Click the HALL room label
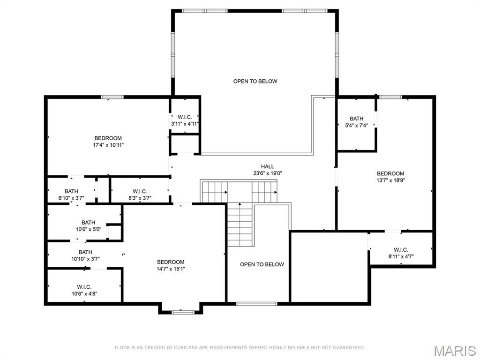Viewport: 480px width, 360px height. click(x=268, y=166)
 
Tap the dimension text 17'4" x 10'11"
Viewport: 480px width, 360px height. click(x=108, y=145)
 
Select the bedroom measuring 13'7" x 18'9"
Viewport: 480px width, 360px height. click(x=390, y=177)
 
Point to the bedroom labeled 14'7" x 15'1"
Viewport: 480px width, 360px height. click(x=171, y=265)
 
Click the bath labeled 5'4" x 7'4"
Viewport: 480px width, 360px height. click(x=356, y=122)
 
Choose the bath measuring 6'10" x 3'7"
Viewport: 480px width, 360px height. click(x=71, y=195)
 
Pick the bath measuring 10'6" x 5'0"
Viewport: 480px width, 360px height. click(x=88, y=226)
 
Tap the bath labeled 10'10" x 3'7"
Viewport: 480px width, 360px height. click(x=85, y=255)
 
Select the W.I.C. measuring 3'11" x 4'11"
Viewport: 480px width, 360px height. click(x=185, y=120)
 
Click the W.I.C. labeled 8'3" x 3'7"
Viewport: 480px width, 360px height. click(x=140, y=195)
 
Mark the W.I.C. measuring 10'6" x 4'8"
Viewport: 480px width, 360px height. click(x=84, y=290)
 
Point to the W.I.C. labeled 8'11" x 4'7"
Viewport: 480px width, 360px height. click(x=401, y=253)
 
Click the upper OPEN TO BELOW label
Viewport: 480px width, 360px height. click(x=255, y=82)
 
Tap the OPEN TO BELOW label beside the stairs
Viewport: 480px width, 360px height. click(x=262, y=264)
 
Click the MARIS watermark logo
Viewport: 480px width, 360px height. click(x=454, y=351)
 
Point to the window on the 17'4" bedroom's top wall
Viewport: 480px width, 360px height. click(x=112, y=97)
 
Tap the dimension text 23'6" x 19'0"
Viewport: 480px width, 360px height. click(x=268, y=173)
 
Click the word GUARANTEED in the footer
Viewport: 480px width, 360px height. click(x=347, y=347)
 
